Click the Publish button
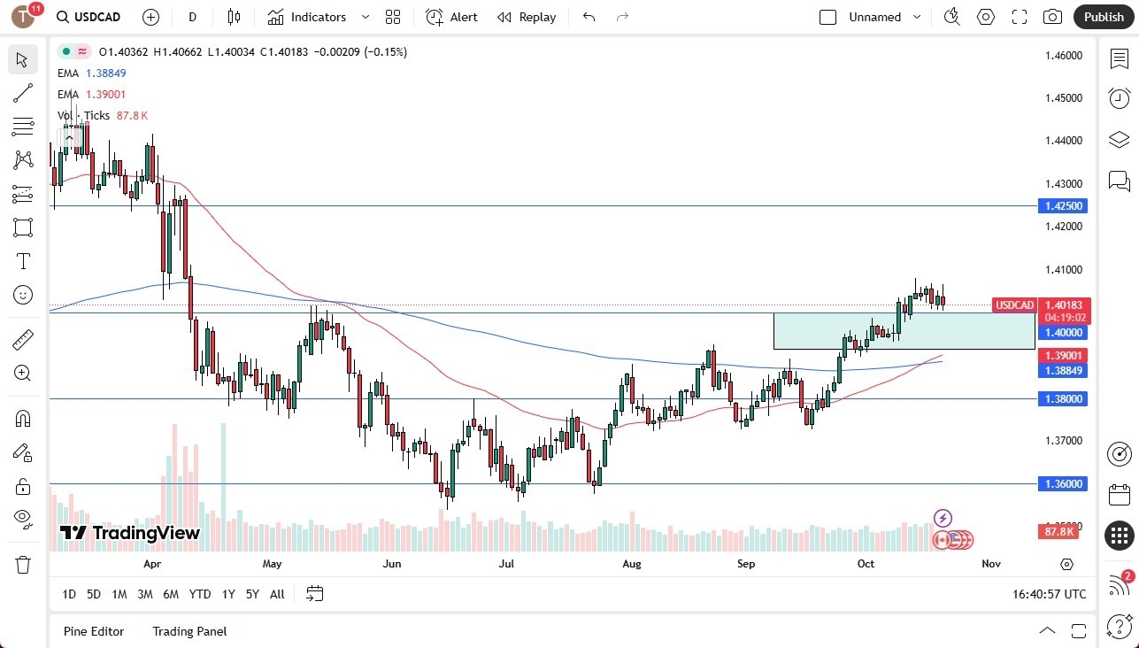pyautogui.click(x=1104, y=17)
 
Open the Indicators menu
pyautogui.click(x=318, y=17)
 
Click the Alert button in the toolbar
pyautogui.click(x=451, y=17)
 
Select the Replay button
pyautogui.click(x=527, y=17)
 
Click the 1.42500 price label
pyautogui.click(x=1062, y=206)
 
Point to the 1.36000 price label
pyautogui.click(x=1062, y=484)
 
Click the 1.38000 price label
pyautogui.click(x=1062, y=399)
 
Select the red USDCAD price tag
pyautogui.click(x=1014, y=305)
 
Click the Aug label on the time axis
pyautogui.click(x=631, y=564)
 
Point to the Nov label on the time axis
pyautogui.click(x=991, y=564)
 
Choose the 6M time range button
pyautogui.click(x=171, y=594)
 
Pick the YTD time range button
pyautogui.click(x=200, y=594)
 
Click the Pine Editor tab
pyautogui.click(x=94, y=631)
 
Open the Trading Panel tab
pyautogui.click(x=189, y=631)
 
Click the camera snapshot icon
pyautogui.click(x=1052, y=17)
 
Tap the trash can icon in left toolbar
pyautogui.click(x=23, y=564)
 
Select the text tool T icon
pyautogui.click(x=23, y=261)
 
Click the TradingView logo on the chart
pyautogui.click(x=130, y=533)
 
